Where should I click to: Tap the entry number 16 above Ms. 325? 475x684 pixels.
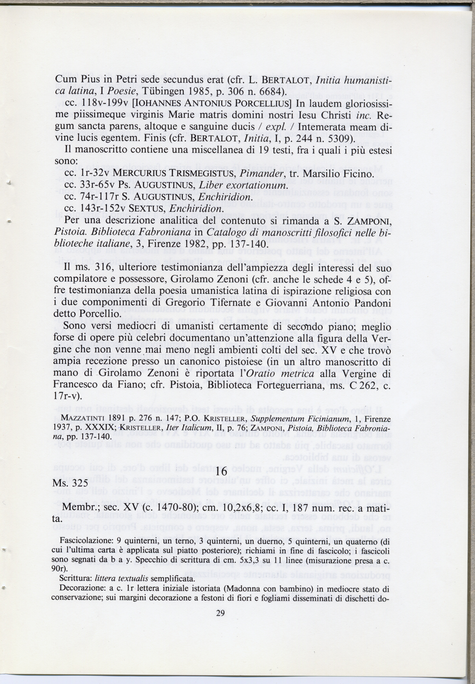tap(221, 472)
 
